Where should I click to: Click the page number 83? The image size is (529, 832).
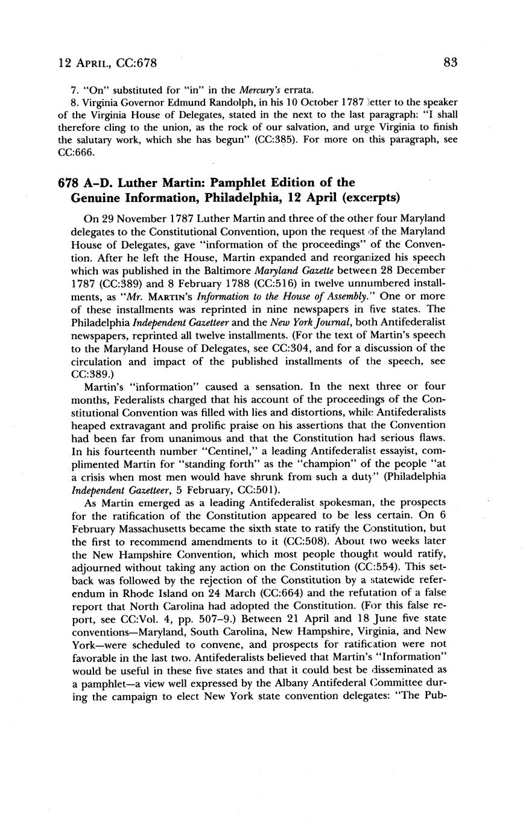[450, 62]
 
